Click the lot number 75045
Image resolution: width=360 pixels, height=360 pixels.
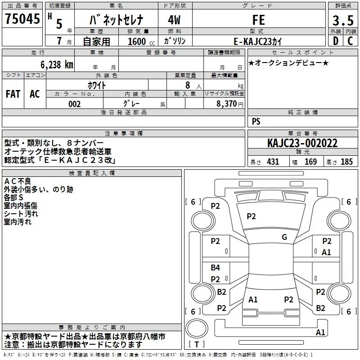[22, 19]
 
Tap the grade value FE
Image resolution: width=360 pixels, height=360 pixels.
[259, 20]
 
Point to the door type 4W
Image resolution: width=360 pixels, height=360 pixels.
[175, 20]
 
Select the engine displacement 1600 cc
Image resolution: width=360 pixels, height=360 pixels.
[138, 41]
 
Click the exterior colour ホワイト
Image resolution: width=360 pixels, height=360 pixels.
[96, 85]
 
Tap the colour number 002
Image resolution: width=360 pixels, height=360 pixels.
[75, 104]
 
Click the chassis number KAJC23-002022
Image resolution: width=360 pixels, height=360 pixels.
[302, 143]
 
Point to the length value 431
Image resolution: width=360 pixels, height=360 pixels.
[273, 162]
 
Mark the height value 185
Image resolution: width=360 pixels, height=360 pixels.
[346, 162]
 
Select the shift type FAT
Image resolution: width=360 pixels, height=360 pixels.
[13, 94]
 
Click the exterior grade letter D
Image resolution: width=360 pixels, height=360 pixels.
[335, 41]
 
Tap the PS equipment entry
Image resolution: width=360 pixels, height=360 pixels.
[256, 121]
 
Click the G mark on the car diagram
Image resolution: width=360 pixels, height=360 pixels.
[284, 237]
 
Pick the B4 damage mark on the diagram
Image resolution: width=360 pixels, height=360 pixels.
[216, 268]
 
